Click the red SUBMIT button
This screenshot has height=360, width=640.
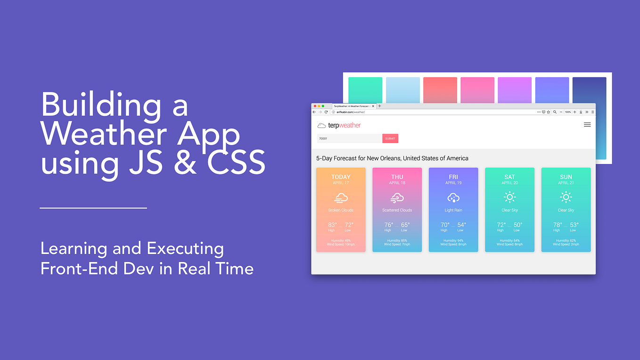coord(390,139)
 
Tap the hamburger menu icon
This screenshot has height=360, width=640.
coord(587,125)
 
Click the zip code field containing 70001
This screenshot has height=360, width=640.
coord(349,139)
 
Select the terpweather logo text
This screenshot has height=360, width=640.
coord(344,125)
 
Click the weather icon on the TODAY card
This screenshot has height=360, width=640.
coord(341,198)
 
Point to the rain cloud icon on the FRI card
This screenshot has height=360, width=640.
coord(453,197)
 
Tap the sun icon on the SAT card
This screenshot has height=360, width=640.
coord(509,197)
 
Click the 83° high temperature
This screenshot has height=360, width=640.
coord(332,225)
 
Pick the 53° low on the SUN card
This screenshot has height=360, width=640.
coord(574,225)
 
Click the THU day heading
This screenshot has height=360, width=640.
coord(397,177)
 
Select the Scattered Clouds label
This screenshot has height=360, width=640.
coord(397,210)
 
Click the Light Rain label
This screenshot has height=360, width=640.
coord(453,210)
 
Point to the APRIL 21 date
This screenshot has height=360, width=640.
coord(566,183)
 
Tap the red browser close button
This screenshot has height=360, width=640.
coord(315,106)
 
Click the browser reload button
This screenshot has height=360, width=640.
coord(326,112)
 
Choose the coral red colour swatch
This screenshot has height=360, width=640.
coord(440,90)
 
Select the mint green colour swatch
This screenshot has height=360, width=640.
coord(365,90)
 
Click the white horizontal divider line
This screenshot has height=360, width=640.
coord(93,208)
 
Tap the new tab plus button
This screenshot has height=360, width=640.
coord(380,106)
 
